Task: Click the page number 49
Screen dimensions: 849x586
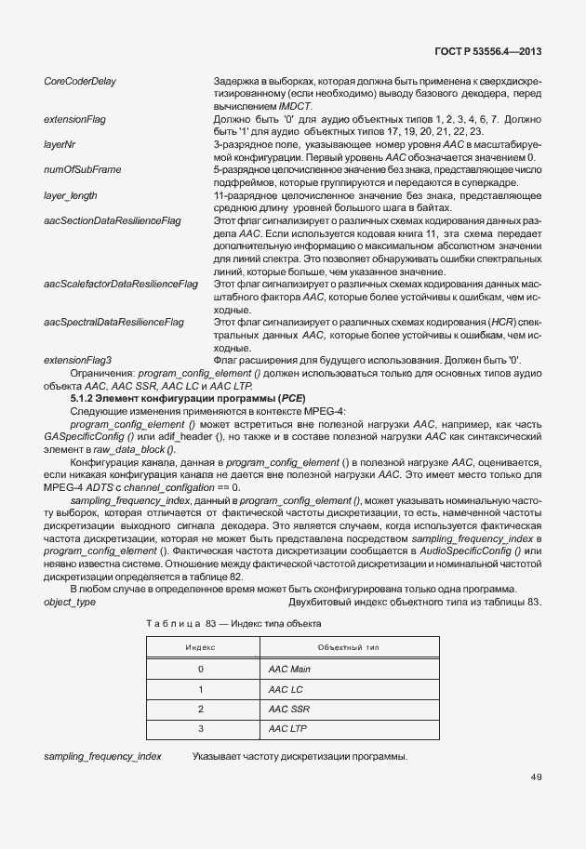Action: pyautogui.click(x=536, y=777)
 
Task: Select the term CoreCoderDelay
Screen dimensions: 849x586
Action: pyautogui.click(x=80, y=82)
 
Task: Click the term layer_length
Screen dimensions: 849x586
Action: pyautogui.click(x=71, y=196)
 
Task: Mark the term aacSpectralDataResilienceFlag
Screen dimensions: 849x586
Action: pyautogui.click(x=114, y=322)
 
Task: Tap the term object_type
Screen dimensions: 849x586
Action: pyautogui.click(x=70, y=604)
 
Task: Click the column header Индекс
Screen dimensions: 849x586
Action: pyautogui.click(x=201, y=646)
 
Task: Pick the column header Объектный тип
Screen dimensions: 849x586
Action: pyautogui.click(x=348, y=646)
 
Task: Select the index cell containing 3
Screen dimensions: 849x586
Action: pyautogui.click(x=201, y=729)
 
